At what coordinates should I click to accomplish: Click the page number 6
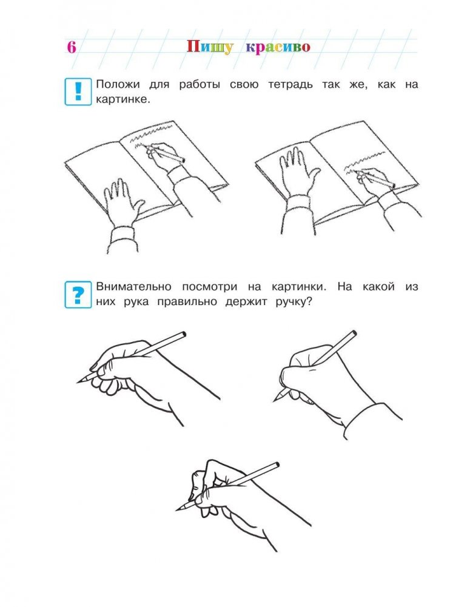(x=71, y=47)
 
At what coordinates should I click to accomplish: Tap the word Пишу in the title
(x=210, y=47)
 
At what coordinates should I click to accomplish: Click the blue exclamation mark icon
(x=78, y=92)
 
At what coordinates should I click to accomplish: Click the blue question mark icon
(x=78, y=295)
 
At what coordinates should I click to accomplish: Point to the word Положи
(x=118, y=85)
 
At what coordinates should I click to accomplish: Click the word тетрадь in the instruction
(x=290, y=85)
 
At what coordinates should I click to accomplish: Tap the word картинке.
(x=123, y=100)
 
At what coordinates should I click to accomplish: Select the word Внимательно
(x=133, y=287)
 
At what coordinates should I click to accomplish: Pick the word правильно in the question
(x=187, y=302)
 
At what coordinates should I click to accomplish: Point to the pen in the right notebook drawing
(x=375, y=179)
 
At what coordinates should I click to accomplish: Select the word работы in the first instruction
(x=200, y=85)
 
